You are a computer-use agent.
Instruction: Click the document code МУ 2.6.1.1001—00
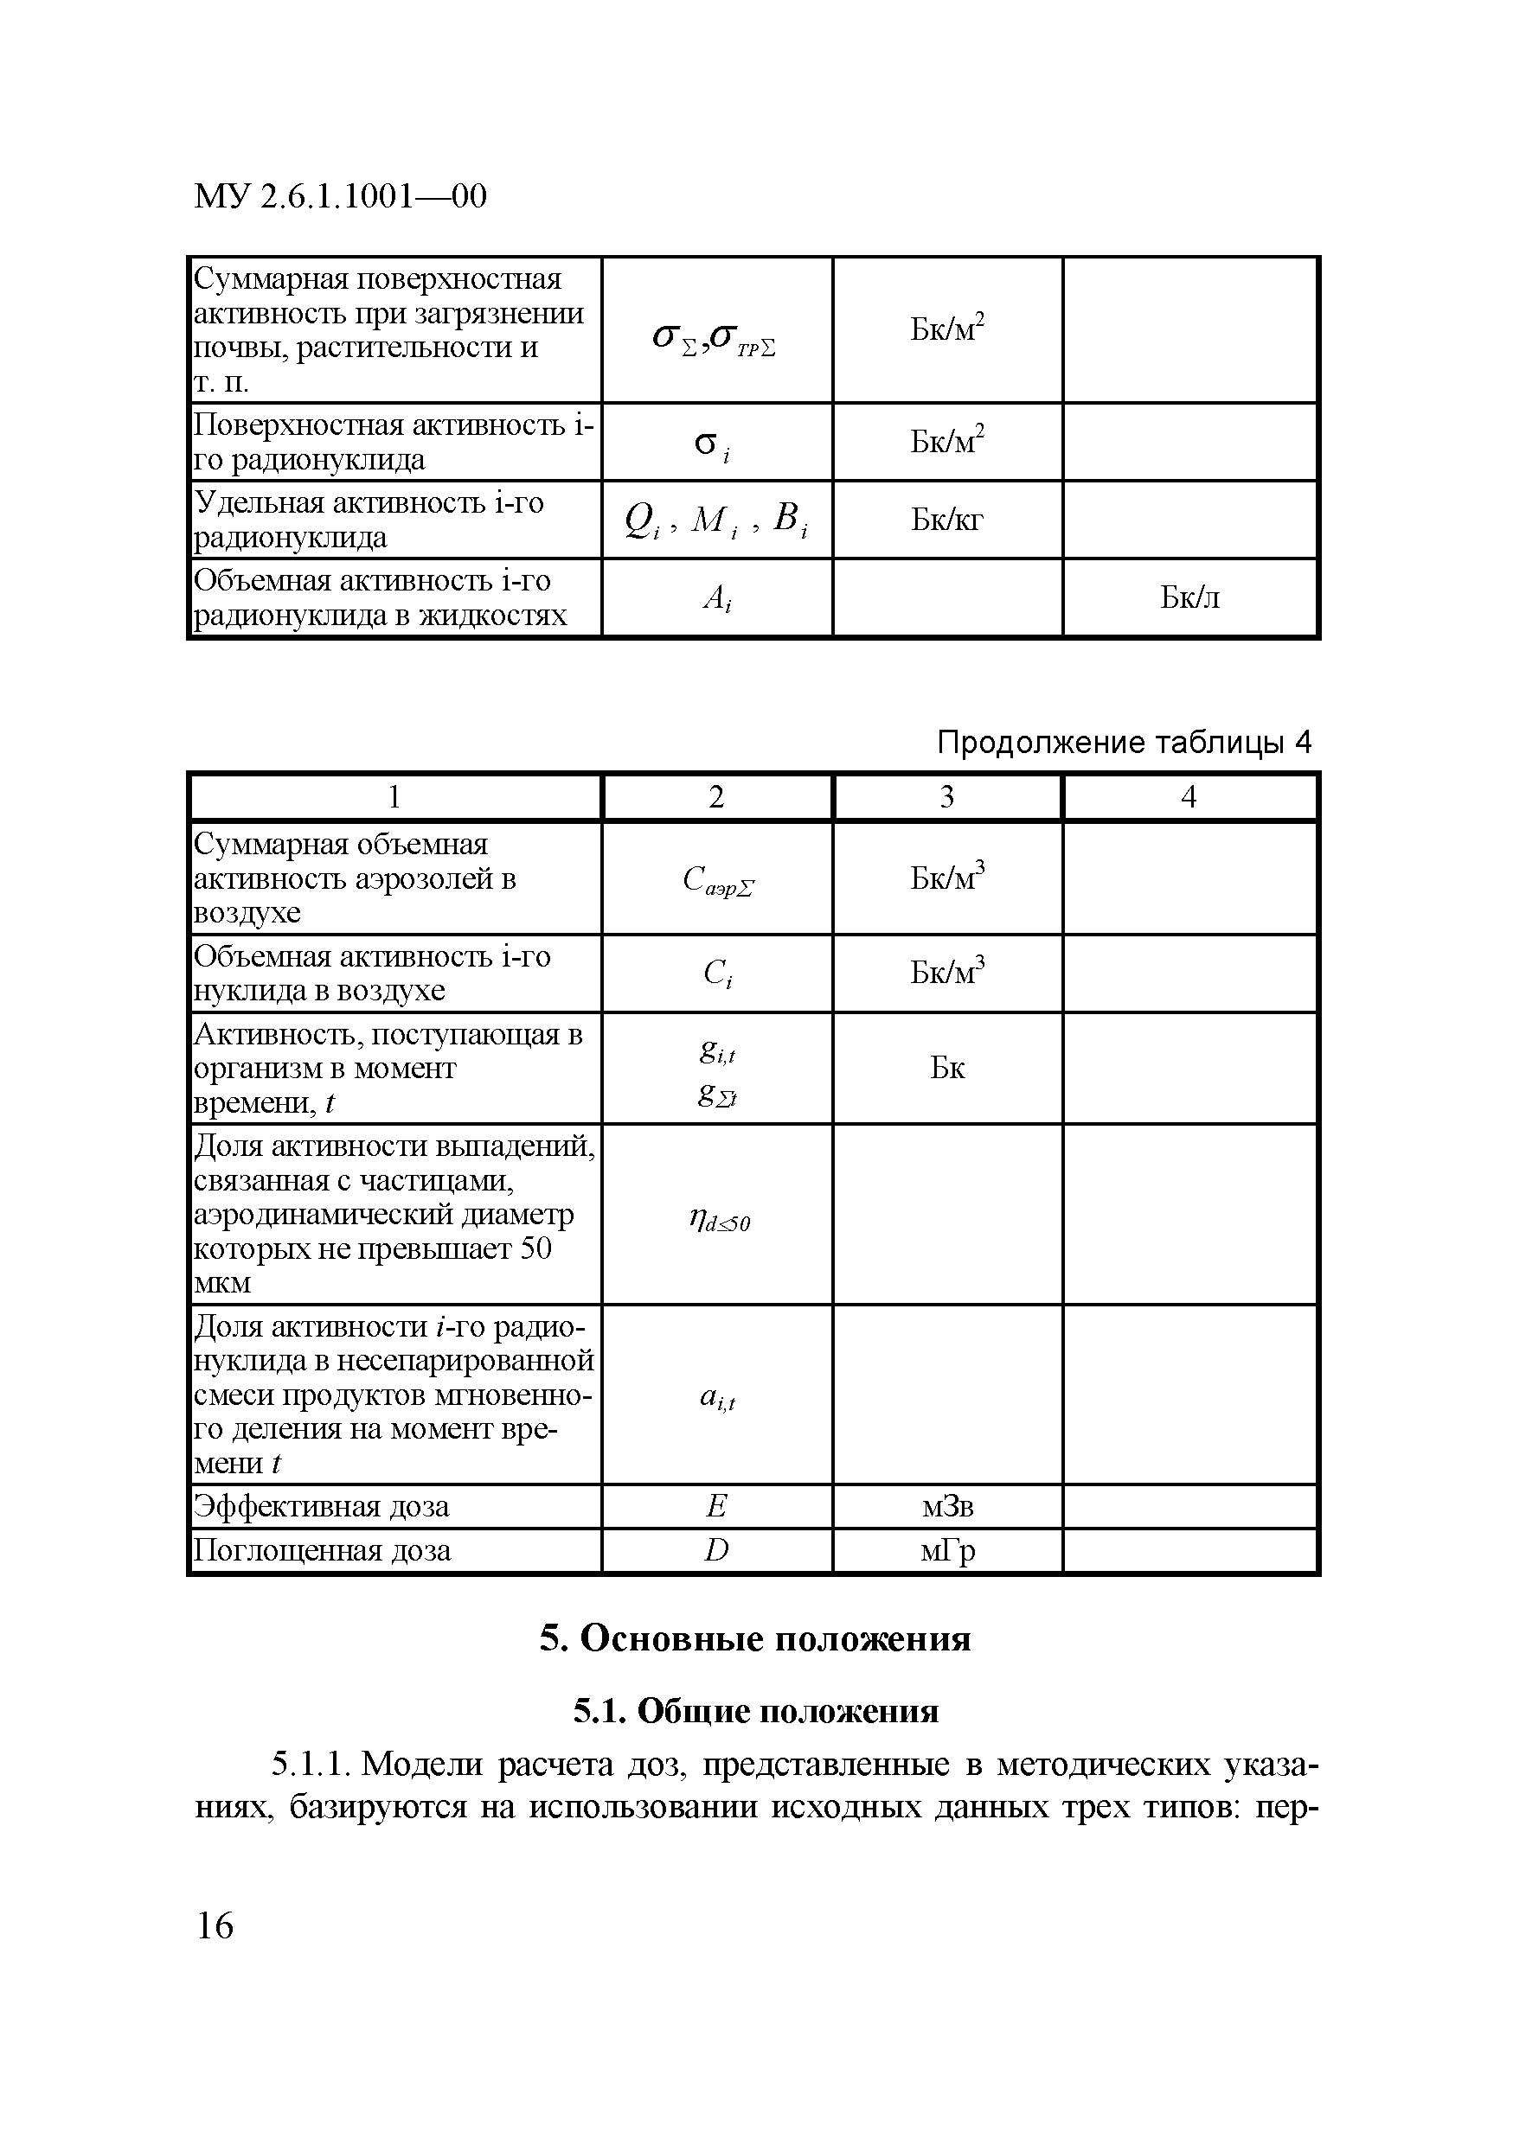(x=340, y=196)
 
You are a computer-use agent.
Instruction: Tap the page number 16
(x=215, y=1925)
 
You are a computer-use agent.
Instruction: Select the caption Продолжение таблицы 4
(x=1124, y=743)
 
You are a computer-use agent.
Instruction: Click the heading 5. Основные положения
(x=755, y=1638)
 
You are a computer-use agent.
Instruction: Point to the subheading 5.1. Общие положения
(x=755, y=1711)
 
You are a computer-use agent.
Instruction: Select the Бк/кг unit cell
(x=946, y=520)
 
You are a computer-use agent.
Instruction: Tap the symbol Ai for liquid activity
(x=717, y=598)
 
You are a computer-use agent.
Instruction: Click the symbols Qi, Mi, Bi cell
(x=717, y=520)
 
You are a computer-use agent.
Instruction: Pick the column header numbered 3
(x=946, y=797)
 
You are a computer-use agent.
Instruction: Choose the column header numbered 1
(x=394, y=797)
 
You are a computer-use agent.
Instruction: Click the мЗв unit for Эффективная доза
(x=946, y=1506)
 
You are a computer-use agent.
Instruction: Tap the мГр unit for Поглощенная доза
(x=946, y=1551)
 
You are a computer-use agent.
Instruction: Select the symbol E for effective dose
(x=717, y=1506)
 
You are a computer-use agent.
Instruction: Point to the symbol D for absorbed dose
(x=717, y=1551)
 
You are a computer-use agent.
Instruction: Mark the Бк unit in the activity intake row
(x=946, y=1068)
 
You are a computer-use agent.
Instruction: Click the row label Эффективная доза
(x=322, y=1506)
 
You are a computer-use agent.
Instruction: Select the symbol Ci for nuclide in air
(x=717, y=974)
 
